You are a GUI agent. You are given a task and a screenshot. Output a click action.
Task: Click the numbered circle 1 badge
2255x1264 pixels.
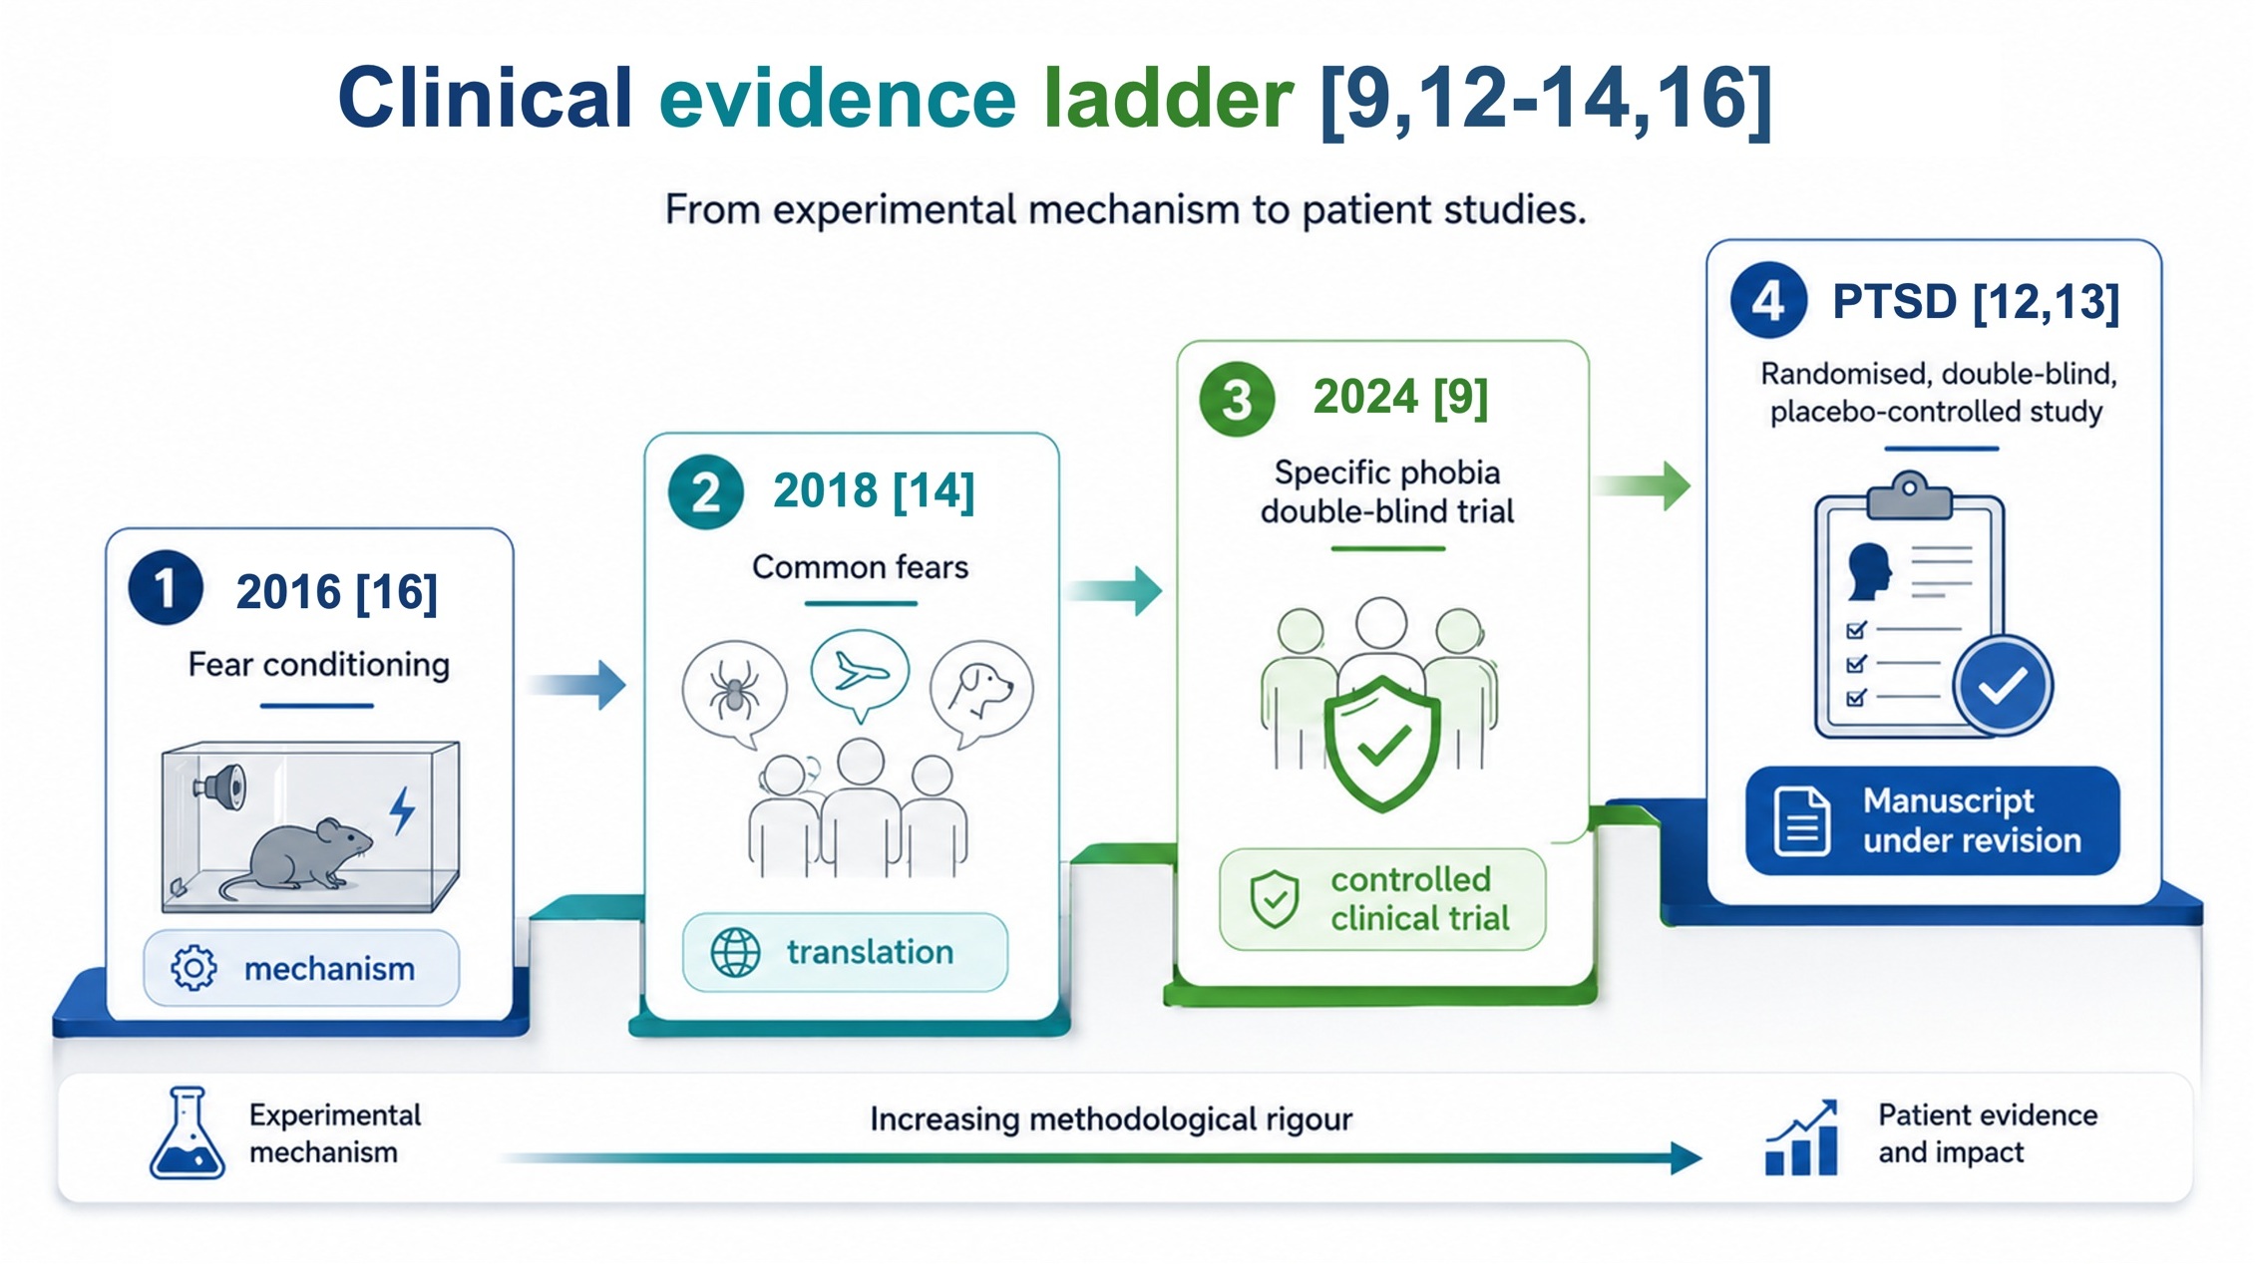166,588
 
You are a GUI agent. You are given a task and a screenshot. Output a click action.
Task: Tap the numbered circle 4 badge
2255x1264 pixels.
1768,300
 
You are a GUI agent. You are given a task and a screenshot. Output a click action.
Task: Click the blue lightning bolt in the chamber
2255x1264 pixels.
402,809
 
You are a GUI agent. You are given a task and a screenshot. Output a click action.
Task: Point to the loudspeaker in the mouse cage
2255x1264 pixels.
221,786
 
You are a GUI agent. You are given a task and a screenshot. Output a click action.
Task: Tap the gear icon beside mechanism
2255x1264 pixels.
193,968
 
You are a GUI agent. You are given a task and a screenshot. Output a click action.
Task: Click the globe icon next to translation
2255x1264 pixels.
735,952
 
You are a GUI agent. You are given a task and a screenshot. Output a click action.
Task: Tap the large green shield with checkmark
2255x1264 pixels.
1382,743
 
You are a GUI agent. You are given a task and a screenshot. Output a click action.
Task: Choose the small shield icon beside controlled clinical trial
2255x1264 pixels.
1275,899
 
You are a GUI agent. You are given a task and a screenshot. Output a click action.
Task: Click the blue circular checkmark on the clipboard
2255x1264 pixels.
2003,686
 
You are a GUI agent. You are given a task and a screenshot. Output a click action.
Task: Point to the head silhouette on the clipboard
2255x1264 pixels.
1869,571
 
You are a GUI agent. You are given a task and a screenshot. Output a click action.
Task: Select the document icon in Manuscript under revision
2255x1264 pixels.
1802,821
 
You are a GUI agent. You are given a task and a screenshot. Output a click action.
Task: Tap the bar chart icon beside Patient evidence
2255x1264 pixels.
1801,1138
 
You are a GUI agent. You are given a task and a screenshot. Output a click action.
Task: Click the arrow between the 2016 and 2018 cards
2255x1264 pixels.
576,685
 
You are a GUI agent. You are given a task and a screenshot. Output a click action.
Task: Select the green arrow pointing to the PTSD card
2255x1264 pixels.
1642,485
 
